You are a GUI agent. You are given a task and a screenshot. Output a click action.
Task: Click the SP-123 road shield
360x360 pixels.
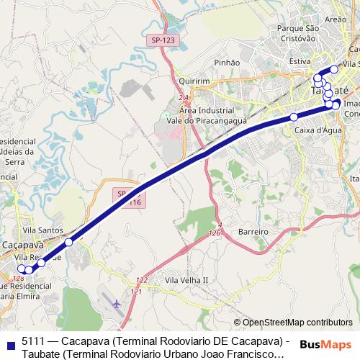click(x=163, y=41)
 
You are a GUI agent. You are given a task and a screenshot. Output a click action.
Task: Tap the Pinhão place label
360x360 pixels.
click(x=227, y=63)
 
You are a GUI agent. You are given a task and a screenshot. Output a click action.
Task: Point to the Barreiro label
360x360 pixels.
click(x=253, y=232)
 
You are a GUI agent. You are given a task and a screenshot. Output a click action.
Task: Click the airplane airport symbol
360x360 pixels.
click(x=117, y=305)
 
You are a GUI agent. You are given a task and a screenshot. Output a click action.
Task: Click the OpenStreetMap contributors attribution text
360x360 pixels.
click(x=292, y=322)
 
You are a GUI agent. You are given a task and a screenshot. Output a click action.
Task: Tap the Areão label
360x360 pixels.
click(x=336, y=20)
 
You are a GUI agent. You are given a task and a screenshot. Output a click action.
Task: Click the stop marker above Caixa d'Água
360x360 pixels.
click(x=294, y=117)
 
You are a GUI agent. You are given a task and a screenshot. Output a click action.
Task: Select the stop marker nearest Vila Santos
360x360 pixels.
click(x=68, y=243)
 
